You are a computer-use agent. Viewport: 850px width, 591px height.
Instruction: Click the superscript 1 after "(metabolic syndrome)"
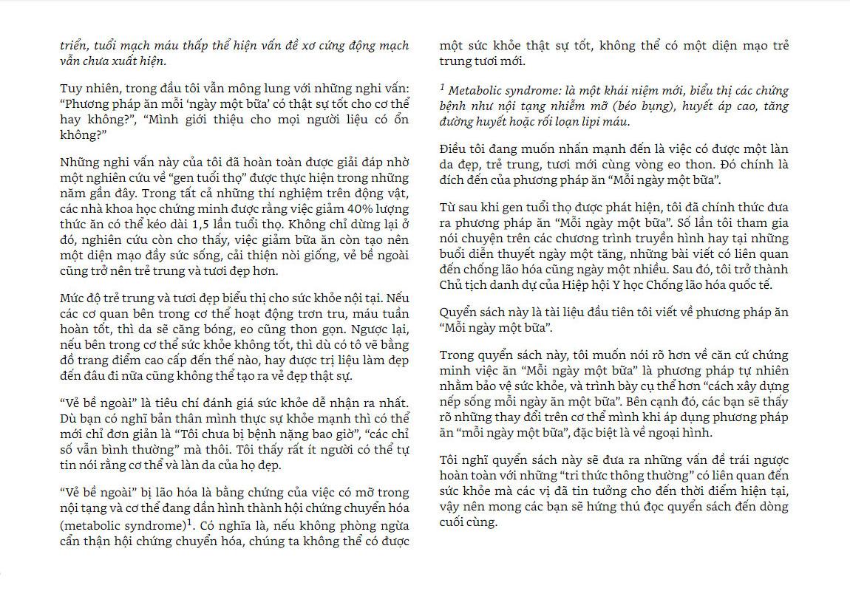tap(189, 522)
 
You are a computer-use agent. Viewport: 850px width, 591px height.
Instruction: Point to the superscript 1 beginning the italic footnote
tap(442, 86)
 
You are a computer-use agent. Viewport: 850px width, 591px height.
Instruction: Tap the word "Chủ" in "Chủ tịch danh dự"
tap(453, 285)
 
